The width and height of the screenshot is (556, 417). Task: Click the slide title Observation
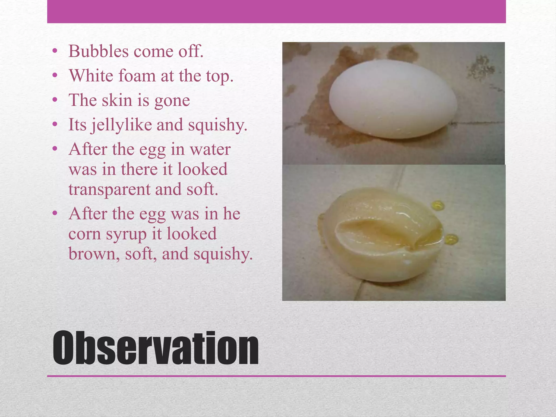(x=156, y=348)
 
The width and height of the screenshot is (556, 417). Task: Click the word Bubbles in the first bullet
(x=98, y=51)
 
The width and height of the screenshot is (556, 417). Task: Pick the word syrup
(x=126, y=234)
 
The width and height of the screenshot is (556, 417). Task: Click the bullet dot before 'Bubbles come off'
(x=55, y=51)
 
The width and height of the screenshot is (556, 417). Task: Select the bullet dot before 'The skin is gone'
(x=55, y=100)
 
